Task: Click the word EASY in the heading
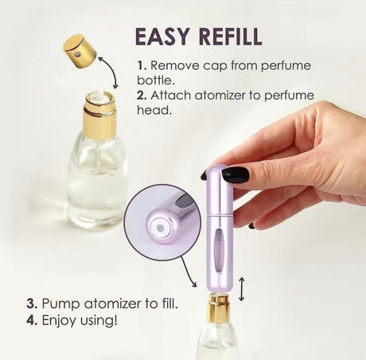[x=163, y=37]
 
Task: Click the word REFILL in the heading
[x=231, y=37]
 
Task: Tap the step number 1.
[x=142, y=65]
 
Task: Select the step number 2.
[x=142, y=96]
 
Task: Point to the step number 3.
[x=32, y=303]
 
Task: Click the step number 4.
[x=32, y=320]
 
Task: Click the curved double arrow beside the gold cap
[x=109, y=72]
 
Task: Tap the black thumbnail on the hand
[x=236, y=175]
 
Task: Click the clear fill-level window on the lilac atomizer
[x=220, y=249]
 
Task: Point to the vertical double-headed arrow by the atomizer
[x=241, y=289]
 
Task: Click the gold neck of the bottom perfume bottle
[x=218, y=307]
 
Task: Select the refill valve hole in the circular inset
[x=159, y=228]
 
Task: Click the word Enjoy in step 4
[x=59, y=320]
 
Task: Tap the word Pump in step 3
[x=60, y=304]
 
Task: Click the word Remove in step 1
[x=175, y=65]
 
